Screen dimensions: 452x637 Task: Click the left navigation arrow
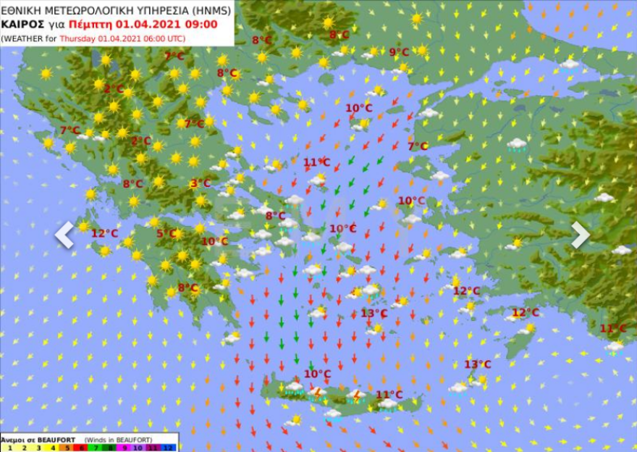coord(64,235)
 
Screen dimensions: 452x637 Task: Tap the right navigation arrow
coord(580,235)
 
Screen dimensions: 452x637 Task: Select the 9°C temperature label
coord(399,52)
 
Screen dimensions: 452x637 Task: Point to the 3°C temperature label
coord(201,184)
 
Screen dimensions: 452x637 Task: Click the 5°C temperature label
coord(166,233)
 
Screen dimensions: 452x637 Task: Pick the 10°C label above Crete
coord(317,374)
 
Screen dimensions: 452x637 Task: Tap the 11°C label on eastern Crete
coord(389,395)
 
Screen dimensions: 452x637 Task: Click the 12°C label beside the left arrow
coord(104,233)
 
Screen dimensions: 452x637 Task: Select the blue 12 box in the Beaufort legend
coord(169,448)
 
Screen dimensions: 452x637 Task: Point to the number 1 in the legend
coord(7,448)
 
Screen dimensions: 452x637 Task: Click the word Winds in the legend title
coord(98,439)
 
